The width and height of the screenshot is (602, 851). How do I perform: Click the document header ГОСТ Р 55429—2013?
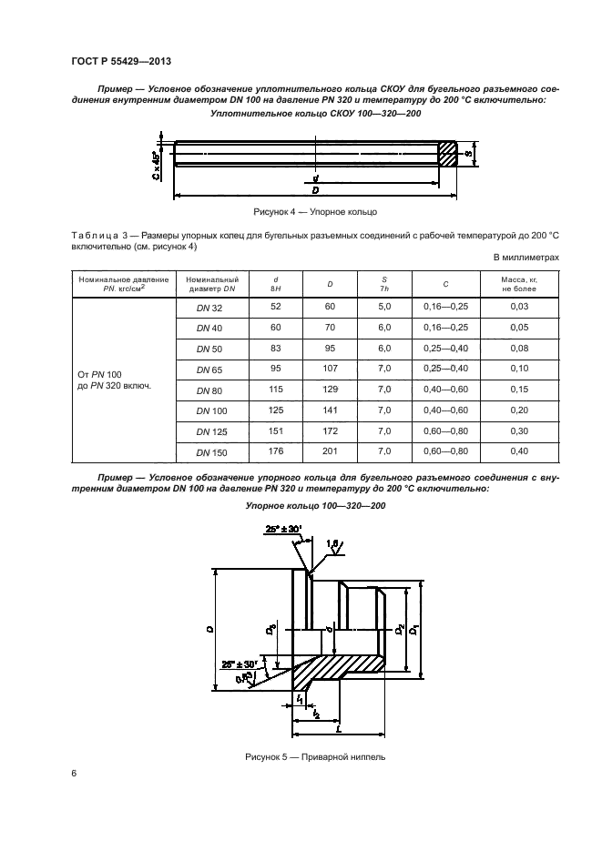[121, 61]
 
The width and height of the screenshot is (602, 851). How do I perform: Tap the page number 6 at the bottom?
[74, 773]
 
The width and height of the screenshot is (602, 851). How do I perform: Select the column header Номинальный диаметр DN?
[211, 284]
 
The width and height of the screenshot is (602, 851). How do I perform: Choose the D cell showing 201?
[331, 451]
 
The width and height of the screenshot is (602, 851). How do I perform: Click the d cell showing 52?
[277, 307]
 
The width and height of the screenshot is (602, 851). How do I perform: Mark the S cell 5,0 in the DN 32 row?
[384, 307]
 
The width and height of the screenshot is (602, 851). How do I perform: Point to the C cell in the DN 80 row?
[446, 390]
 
